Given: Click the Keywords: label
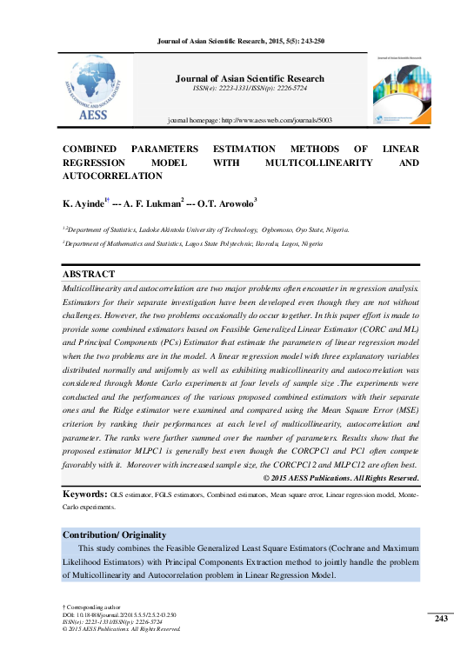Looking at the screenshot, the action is [84, 494].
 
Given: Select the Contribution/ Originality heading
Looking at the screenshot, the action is [114, 534].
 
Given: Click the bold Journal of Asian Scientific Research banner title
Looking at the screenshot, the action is [250, 78].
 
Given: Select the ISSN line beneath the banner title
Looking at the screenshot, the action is [250, 89].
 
